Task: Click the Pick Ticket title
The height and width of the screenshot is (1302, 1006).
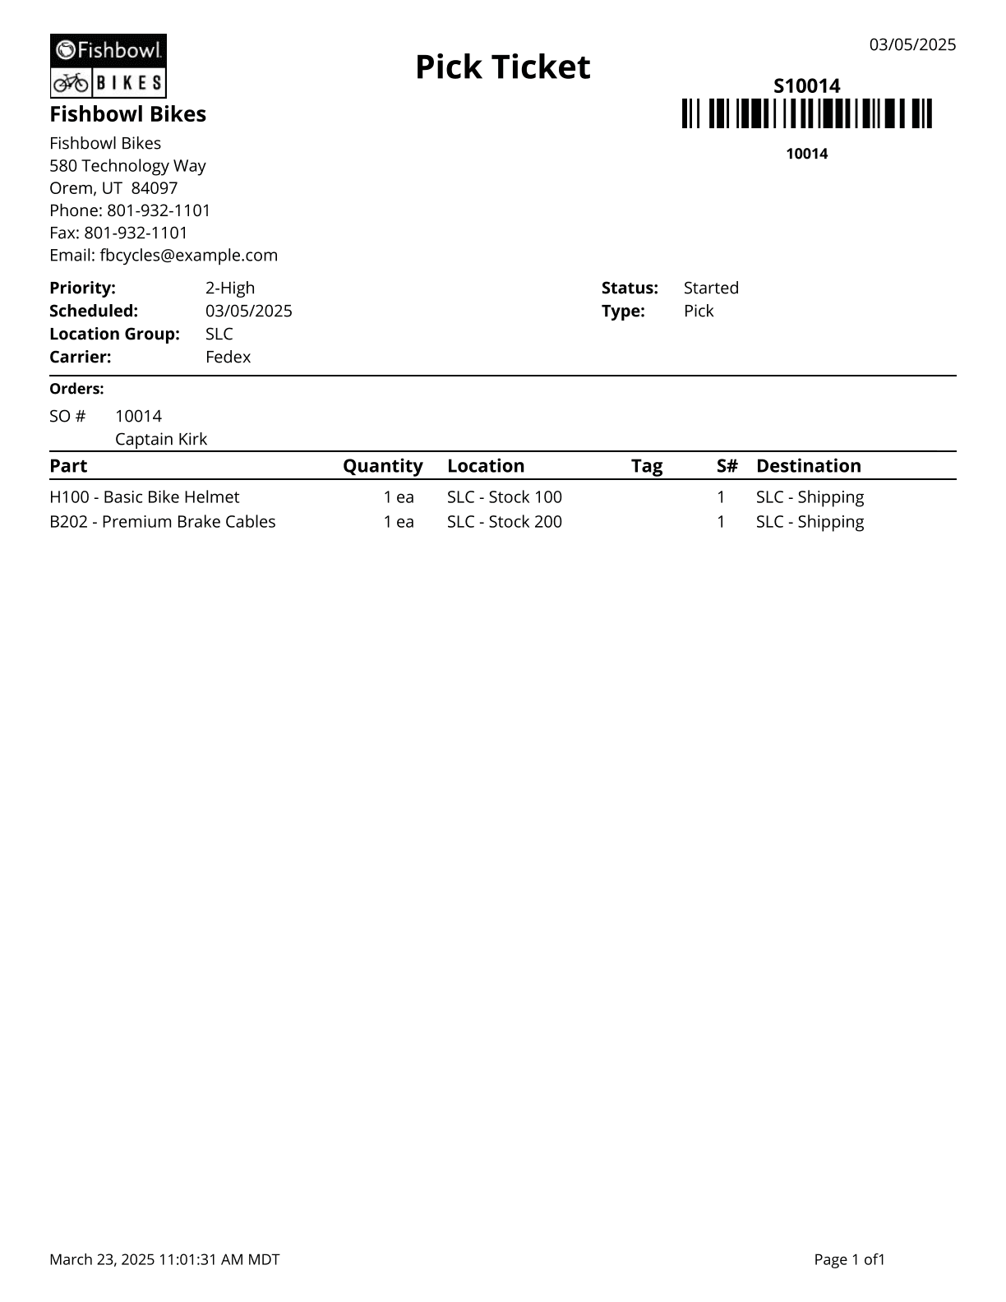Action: click(x=502, y=67)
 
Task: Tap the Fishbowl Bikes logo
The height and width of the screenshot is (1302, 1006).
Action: click(x=108, y=67)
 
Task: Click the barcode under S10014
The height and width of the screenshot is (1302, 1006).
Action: click(x=806, y=113)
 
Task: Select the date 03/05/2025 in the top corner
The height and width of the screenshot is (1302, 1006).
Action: click(x=912, y=44)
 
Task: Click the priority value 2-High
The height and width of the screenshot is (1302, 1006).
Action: click(x=230, y=288)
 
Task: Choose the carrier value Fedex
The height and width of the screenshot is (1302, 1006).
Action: click(x=228, y=357)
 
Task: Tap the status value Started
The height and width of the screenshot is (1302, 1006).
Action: click(x=711, y=288)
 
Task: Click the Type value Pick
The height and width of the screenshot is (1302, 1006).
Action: click(x=699, y=311)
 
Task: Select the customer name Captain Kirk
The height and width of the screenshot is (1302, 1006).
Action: click(x=161, y=439)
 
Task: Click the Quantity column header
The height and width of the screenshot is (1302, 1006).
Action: click(x=382, y=466)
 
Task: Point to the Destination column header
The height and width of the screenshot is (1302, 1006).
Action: click(x=808, y=466)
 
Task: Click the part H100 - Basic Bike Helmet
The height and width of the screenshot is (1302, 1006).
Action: click(x=145, y=497)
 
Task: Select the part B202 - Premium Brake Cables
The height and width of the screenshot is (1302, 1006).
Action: click(x=163, y=522)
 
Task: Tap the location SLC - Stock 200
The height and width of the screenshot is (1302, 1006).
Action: click(x=504, y=522)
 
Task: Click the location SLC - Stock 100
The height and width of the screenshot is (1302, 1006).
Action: click(x=504, y=497)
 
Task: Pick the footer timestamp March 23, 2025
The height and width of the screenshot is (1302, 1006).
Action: click(x=164, y=1259)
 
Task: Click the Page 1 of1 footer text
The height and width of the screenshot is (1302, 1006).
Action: click(x=849, y=1259)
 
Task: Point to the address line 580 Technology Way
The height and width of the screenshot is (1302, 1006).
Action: click(x=127, y=165)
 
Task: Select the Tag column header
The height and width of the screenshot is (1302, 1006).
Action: click(x=646, y=466)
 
